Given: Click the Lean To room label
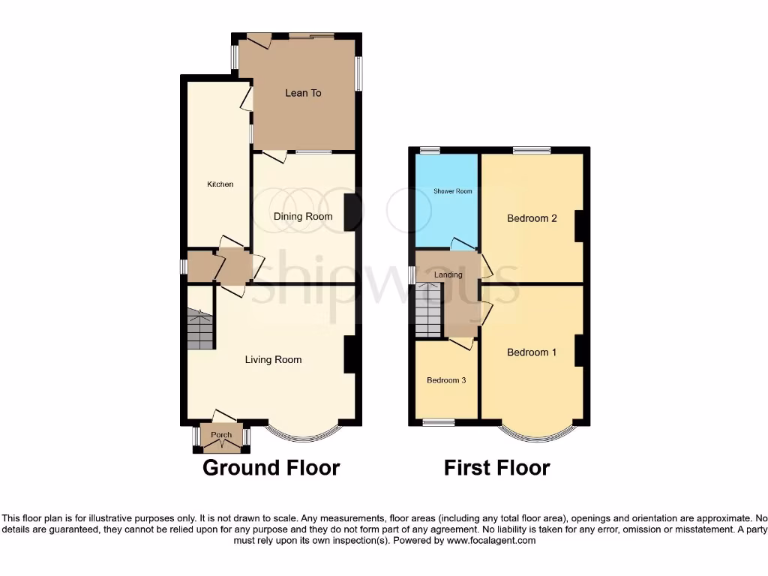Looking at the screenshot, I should pos(303,93).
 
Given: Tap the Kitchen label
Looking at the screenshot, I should pos(220,184).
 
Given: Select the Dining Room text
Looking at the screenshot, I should pos(302,217).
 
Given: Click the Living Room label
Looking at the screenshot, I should pos(273,360).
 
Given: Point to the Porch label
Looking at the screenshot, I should pos(221,436).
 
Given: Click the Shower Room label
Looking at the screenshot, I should pos(453,191).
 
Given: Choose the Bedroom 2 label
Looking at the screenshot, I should pos(532,219).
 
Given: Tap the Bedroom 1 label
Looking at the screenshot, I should pos(532,352).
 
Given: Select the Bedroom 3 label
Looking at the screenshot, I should pos(446,381).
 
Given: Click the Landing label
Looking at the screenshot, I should pos(448,274).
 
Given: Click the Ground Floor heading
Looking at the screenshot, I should pos(271,468).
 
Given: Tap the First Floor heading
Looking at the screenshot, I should pos(496,468).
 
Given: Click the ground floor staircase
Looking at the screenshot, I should pos(200,331).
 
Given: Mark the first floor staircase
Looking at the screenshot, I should pos(430,310).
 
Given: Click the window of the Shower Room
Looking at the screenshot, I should pos(430,150).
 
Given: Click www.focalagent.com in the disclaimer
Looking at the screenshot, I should pos(490,540).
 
